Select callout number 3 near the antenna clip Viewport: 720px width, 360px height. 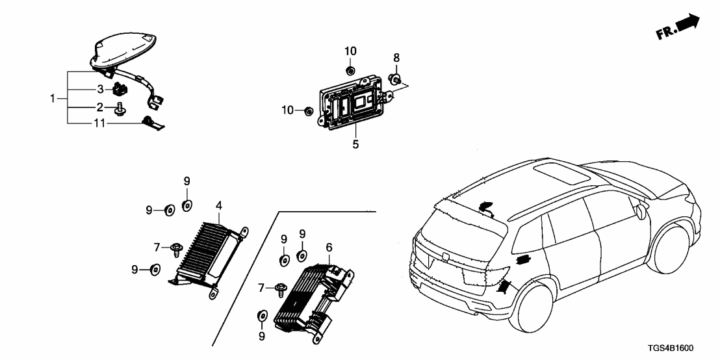tap(101, 88)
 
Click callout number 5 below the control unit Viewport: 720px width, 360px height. tap(355, 144)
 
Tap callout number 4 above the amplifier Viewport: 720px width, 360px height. tap(219, 206)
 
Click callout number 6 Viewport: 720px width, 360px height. tap(329, 247)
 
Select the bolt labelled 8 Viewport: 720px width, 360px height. tap(394, 80)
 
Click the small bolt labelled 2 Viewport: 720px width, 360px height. tap(120, 111)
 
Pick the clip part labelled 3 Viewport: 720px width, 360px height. tap(119, 89)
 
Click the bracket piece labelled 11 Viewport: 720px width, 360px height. tap(152, 121)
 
